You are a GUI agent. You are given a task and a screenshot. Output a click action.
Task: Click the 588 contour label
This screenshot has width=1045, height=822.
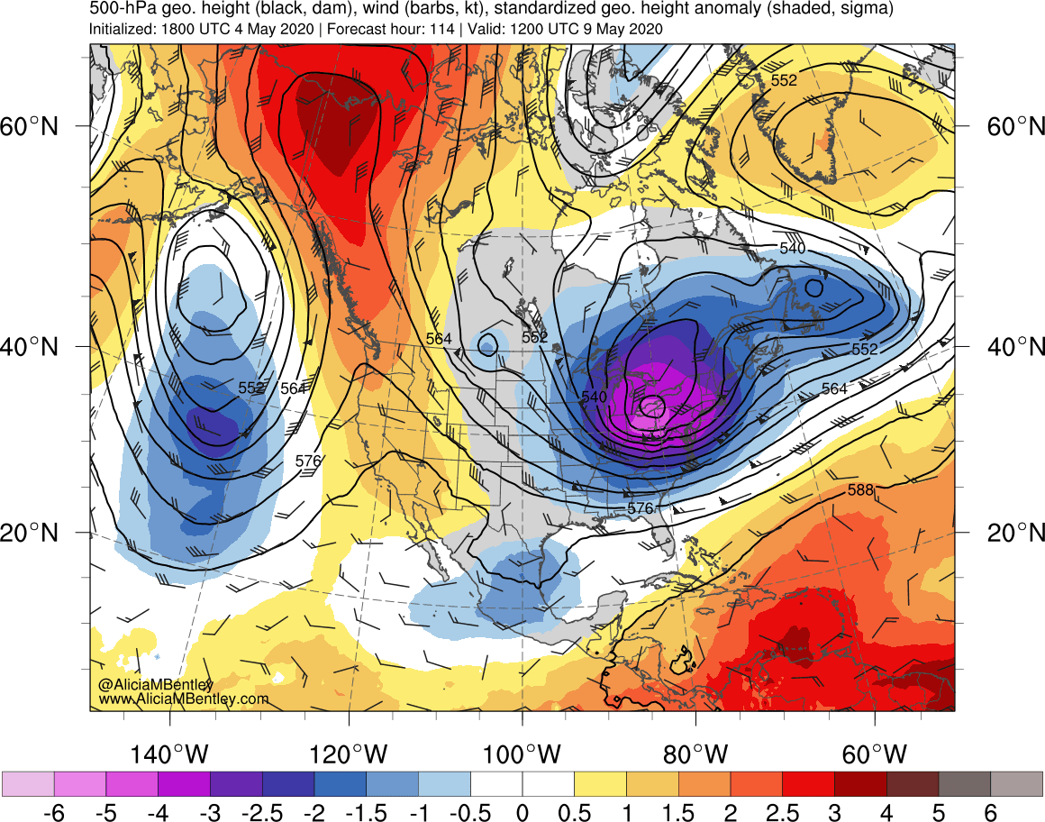coord(860,490)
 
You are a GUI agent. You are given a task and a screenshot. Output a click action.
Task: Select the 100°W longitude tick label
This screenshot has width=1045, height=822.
coord(523,753)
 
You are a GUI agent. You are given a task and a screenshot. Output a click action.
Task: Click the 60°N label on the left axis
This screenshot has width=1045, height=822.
coord(34,126)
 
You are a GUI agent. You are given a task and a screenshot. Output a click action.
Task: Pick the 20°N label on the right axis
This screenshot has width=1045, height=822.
coord(1012,533)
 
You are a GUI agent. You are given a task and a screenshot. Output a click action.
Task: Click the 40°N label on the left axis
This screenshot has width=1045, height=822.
coord(34,346)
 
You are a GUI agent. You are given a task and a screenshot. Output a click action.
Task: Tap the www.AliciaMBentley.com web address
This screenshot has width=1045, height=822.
coord(184,699)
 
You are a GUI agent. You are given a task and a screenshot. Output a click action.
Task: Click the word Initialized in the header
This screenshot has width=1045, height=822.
coord(123,29)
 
